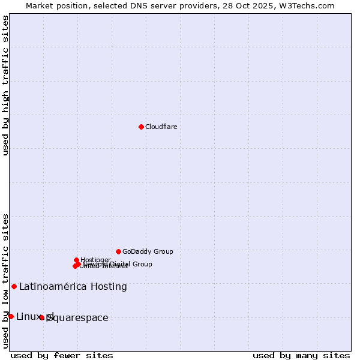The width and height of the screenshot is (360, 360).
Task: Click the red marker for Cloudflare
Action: pos(141,127)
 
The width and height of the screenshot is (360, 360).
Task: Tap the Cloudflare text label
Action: pos(161,127)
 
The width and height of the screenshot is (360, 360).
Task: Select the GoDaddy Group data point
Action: pos(118,251)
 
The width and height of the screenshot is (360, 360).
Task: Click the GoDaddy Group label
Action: pos(148,251)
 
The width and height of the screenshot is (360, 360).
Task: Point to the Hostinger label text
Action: pos(95,260)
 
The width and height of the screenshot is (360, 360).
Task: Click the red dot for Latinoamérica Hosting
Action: pos(14,286)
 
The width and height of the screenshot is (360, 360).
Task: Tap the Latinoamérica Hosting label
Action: pos(73,287)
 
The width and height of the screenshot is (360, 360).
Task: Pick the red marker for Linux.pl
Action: pos(11,316)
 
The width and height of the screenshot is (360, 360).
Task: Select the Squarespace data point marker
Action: pos(41,317)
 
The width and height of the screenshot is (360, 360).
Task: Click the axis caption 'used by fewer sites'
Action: pos(62,355)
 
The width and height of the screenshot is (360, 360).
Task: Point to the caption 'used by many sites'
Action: pos(301,355)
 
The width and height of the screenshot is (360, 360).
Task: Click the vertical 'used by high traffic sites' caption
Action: pos(5,85)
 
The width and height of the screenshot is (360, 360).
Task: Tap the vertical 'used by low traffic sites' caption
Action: pos(5,281)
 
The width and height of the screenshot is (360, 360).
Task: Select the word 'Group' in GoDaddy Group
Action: pos(163,251)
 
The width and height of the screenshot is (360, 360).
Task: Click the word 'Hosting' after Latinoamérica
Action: pos(109,287)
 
